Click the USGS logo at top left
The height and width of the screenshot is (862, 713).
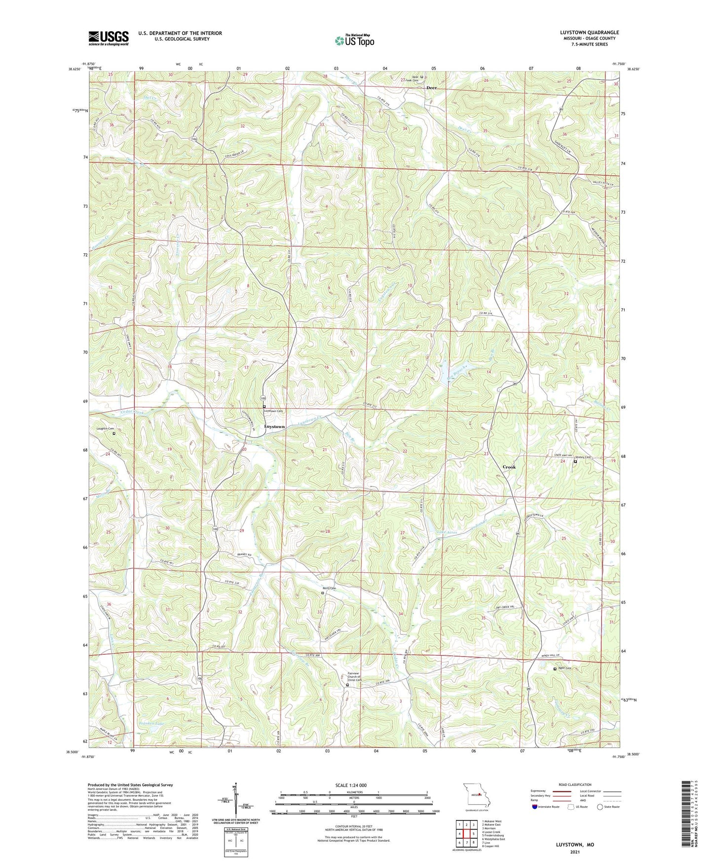click(109, 38)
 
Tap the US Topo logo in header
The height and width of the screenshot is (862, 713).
click(354, 40)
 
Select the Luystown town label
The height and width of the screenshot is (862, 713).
click(274, 427)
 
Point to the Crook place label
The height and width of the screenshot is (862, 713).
click(509, 467)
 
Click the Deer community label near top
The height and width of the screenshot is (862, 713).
click(431, 88)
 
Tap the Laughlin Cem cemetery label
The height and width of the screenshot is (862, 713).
click(105, 429)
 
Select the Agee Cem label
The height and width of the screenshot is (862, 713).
click(564, 668)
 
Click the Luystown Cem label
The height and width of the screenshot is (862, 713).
click(273, 411)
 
